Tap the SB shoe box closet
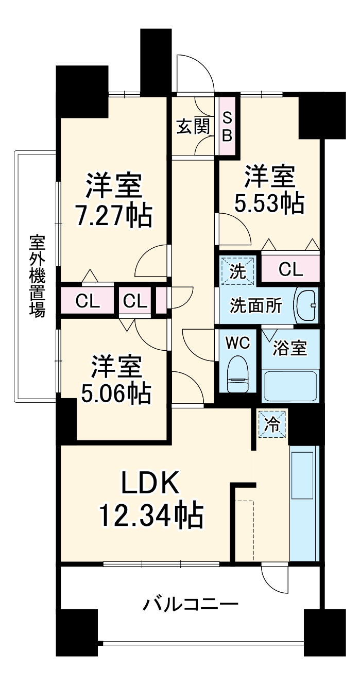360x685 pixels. (x=227, y=126)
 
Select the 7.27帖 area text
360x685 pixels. (x=114, y=217)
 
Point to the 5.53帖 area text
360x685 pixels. (x=269, y=204)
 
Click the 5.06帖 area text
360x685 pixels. (x=116, y=393)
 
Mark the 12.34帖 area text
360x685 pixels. (x=150, y=515)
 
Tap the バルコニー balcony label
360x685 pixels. (x=190, y=603)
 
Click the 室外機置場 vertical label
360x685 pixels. (x=37, y=276)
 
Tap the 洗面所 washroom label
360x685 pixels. (x=255, y=306)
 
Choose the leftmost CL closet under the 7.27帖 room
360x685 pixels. (x=88, y=301)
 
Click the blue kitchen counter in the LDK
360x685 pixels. (x=304, y=504)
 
